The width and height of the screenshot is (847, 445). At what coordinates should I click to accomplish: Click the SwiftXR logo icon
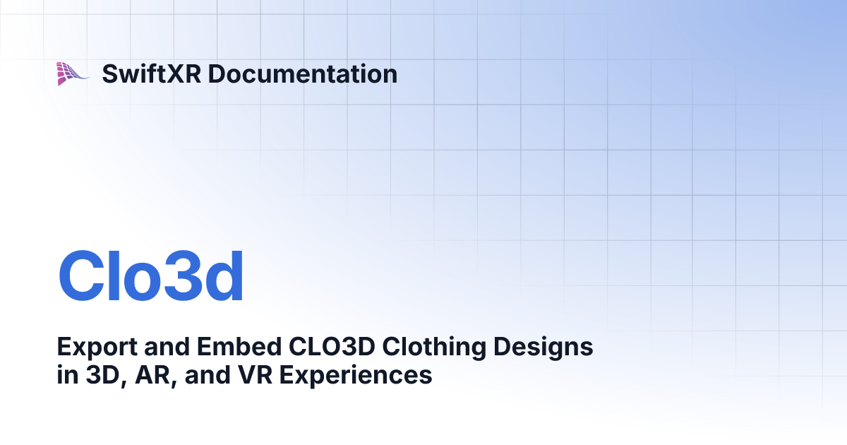coord(73,73)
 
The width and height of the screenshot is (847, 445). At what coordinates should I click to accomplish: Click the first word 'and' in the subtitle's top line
coord(171,348)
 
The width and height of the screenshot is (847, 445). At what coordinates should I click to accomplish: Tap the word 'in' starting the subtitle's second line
coord(66,375)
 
